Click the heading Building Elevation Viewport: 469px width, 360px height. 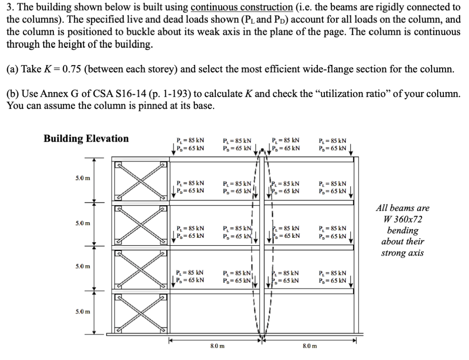point(86,139)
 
